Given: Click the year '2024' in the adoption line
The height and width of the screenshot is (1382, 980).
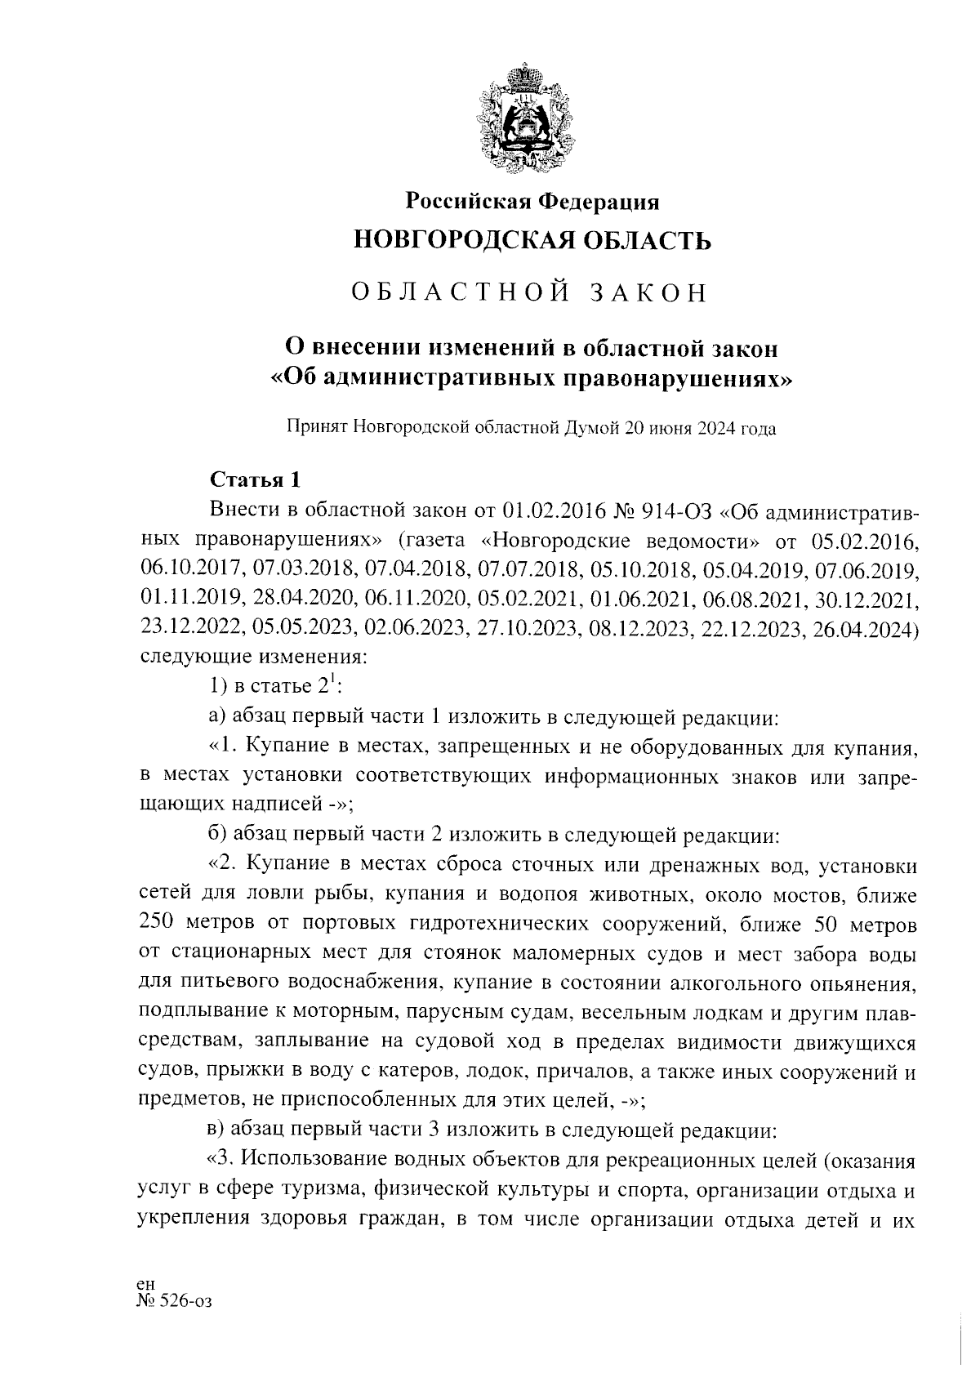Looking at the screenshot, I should pos(716,428).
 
